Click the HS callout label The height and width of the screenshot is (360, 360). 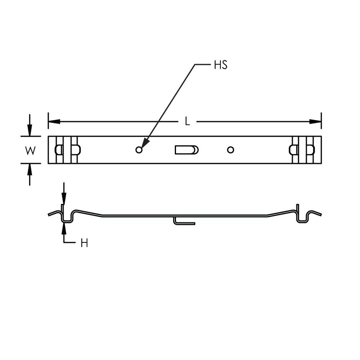(x=221, y=65)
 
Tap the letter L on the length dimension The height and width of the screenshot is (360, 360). (x=187, y=121)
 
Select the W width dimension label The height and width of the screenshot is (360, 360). (x=30, y=151)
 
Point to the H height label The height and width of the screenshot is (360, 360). (x=84, y=243)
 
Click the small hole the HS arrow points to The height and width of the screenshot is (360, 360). (x=139, y=150)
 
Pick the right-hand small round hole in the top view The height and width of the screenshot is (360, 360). (x=230, y=150)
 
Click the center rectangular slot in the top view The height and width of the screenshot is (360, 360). (x=187, y=150)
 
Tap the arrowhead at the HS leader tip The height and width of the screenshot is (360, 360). (x=145, y=143)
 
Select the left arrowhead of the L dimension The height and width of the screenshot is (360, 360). (x=54, y=122)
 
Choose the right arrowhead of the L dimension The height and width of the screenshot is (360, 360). (x=315, y=122)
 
